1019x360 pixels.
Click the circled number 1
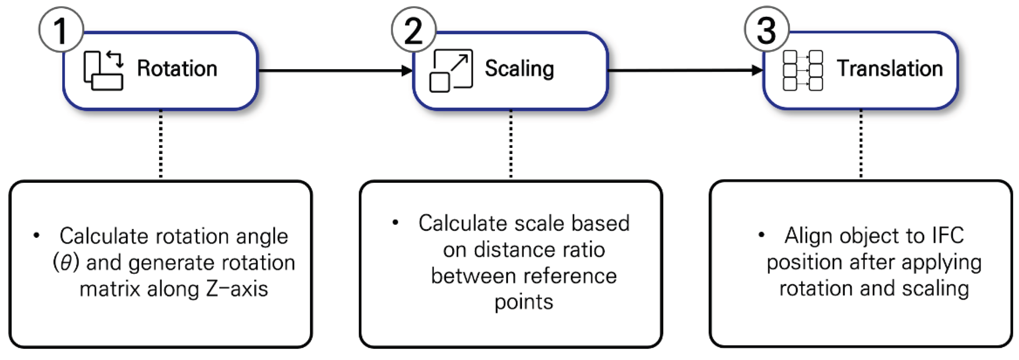(x=61, y=30)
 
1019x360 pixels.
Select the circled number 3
(x=766, y=30)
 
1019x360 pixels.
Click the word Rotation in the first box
(x=177, y=68)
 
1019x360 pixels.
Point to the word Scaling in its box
(x=519, y=68)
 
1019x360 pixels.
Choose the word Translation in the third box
(x=889, y=68)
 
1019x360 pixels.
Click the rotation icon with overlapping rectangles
(x=103, y=71)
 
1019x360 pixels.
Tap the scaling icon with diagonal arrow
(x=451, y=71)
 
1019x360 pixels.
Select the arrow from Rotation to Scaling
(x=334, y=71)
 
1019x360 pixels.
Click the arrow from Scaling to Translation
(x=684, y=71)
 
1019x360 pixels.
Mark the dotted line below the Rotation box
(x=161, y=144)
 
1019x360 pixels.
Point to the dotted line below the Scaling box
(x=511, y=144)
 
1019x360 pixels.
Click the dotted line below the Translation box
(x=861, y=144)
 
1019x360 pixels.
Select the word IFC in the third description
(x=948, y=236)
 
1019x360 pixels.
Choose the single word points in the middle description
(x=523, y=302)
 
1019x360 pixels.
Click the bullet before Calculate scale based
(x=395, y=223)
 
